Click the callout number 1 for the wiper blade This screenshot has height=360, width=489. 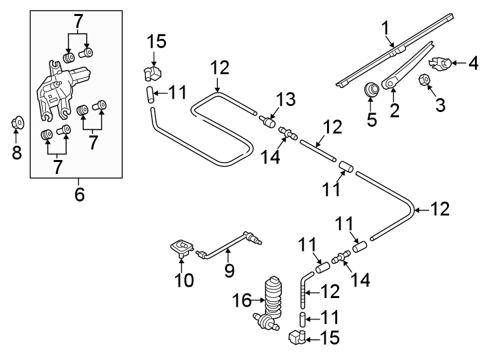pyautogui.click(x=384, y=28)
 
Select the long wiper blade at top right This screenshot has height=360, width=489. pyautogui.click(x=400, y=48)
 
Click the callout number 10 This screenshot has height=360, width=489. pyautogui.click(x=185, y=279)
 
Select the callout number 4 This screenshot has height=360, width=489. pyautogui.click(x=473, y=64)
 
